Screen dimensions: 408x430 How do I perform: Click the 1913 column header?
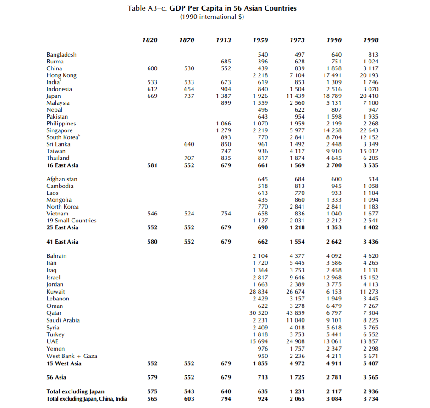pos(223,40)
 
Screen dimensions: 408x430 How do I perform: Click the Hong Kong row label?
pos(61,75)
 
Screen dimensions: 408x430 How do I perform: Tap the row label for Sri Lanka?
pos(58,144)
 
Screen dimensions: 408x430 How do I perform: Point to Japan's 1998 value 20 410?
pos(369,96)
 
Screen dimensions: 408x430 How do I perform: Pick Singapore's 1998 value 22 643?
pos(369,130)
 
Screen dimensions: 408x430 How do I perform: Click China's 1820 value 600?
pos(152,68)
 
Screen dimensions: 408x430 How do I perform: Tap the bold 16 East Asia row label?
pos(62,165)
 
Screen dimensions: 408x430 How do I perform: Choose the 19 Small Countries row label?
pos(71,221)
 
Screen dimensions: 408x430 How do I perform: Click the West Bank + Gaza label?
pos(72,356)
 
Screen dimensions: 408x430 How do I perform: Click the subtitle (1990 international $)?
pos(212,17)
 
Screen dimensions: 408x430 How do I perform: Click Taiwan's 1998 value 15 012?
pos(369,151)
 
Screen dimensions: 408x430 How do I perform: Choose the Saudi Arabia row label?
pos(63,320)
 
